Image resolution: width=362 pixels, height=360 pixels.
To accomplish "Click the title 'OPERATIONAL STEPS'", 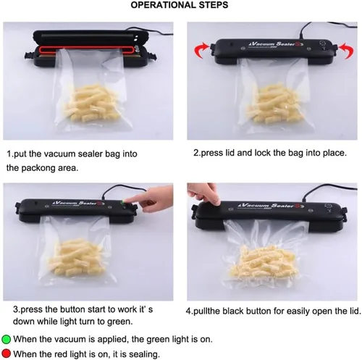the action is click(180, 5).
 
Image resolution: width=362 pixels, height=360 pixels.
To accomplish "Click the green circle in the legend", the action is click(6, 339).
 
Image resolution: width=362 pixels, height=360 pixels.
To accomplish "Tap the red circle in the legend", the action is click(6, 353).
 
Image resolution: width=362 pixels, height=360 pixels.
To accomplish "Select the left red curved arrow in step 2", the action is click(201, 50).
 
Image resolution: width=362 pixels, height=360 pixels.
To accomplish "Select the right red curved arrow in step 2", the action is click(346, 51).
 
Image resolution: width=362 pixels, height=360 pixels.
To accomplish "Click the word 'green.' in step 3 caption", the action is click(119, 322).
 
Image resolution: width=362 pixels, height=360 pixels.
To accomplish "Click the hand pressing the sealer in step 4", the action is click(204, 194).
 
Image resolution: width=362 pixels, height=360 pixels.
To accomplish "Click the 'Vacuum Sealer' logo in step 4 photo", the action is click(271, 206).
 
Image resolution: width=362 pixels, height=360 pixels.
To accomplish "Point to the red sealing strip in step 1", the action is click(87, 50).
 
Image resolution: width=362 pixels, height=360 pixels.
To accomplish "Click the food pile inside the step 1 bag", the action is click(93, 104).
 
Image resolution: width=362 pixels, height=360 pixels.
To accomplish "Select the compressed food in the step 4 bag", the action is click(263, 263).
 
